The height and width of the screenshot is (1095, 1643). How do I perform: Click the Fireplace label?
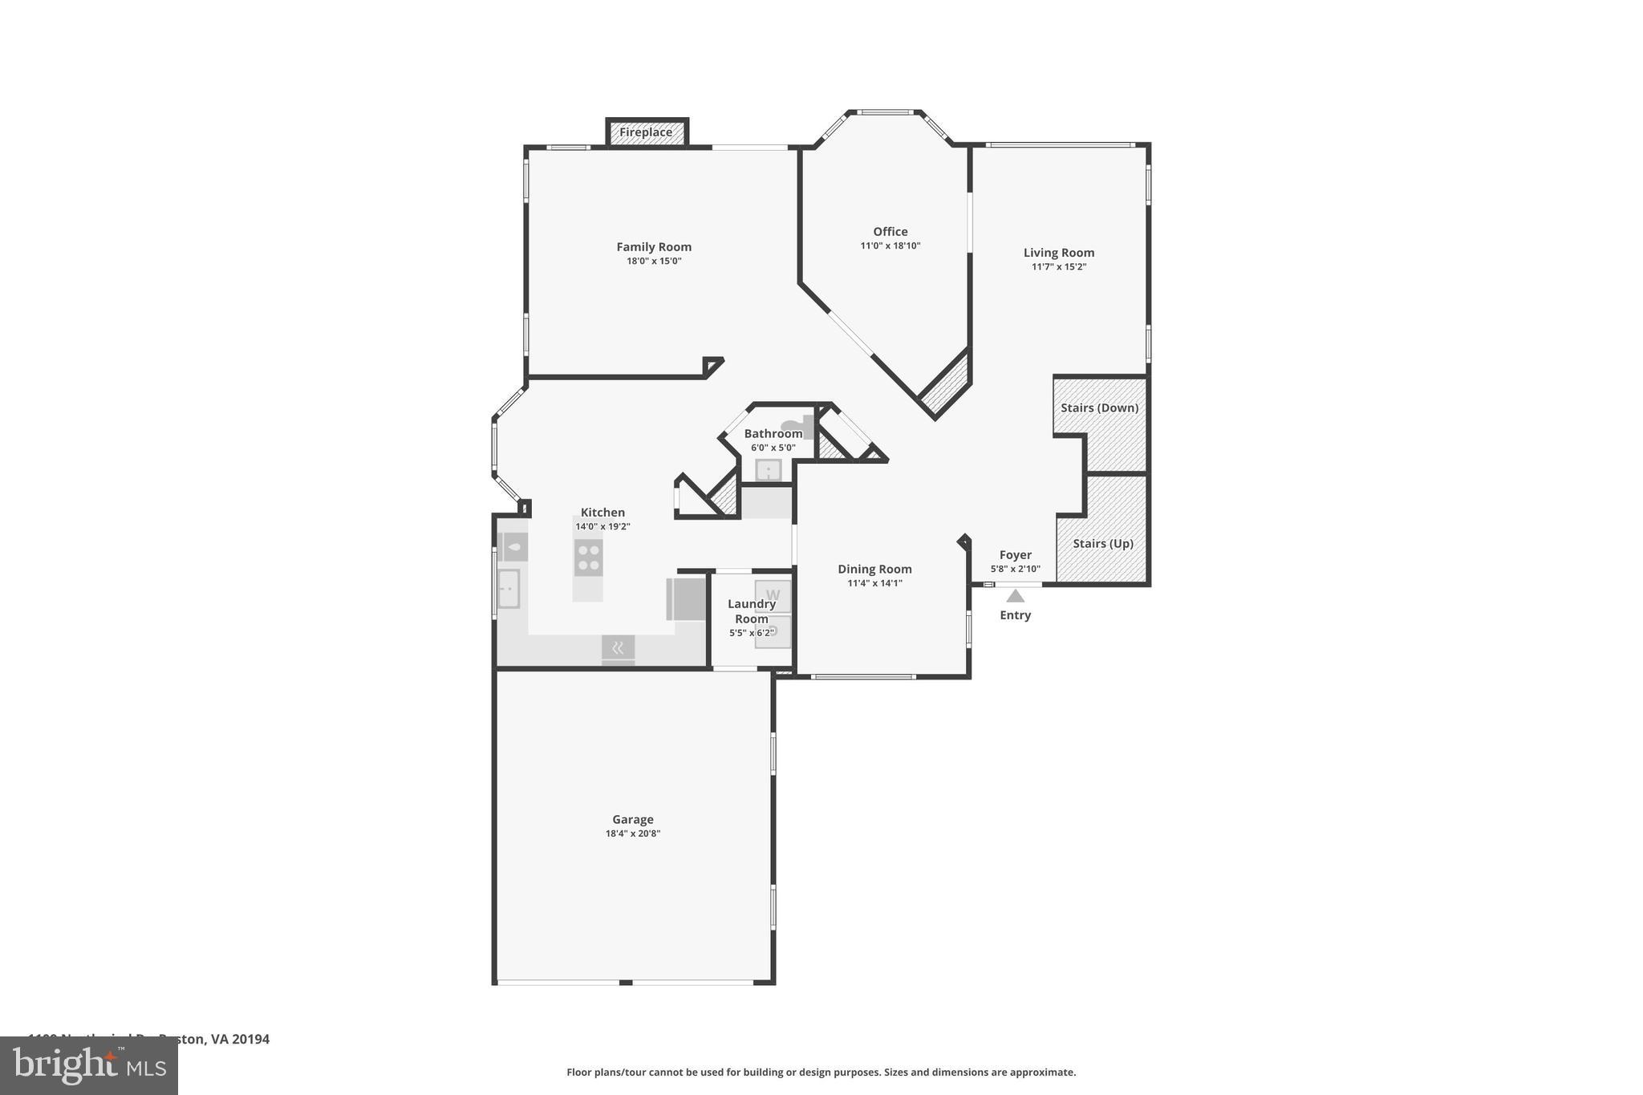click(x=646, y=132)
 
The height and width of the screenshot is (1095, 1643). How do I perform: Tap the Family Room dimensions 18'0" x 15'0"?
click(x=654, y=261)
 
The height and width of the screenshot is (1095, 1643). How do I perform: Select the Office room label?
click(x=890, y=232)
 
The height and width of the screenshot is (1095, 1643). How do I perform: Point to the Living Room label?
click(x=1058, y=253)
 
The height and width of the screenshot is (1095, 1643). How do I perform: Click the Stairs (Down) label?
click(x=1099, y=408)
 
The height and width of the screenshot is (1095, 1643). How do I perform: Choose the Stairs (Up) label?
click(x=1102, y=543)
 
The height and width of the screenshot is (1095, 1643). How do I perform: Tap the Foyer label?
click(x=1015, y=555)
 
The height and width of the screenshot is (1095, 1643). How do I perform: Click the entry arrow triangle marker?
click(x=1015, y=596)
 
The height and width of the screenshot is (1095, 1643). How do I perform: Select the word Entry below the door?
click(x=1015, y=615)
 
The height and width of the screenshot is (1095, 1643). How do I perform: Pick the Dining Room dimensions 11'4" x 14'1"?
click(x=874, y=583)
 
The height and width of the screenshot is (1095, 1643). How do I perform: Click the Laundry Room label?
click(x=752, y=611)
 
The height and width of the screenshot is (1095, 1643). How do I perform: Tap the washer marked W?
click(x=773, y=595)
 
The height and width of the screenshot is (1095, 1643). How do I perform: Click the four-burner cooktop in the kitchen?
click(x=588, y=558)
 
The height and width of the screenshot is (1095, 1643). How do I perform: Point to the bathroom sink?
click(x=768, y=470)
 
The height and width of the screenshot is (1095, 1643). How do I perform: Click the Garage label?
click(x=633, y=820)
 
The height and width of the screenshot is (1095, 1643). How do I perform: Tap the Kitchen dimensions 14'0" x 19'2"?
click(x=602, y=527)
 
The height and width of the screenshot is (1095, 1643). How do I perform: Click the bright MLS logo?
click(x=89, y=1065)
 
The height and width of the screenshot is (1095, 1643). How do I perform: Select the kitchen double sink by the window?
click(x=509, y=589)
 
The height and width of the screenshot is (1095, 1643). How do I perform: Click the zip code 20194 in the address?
click(x=251, y=1039)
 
